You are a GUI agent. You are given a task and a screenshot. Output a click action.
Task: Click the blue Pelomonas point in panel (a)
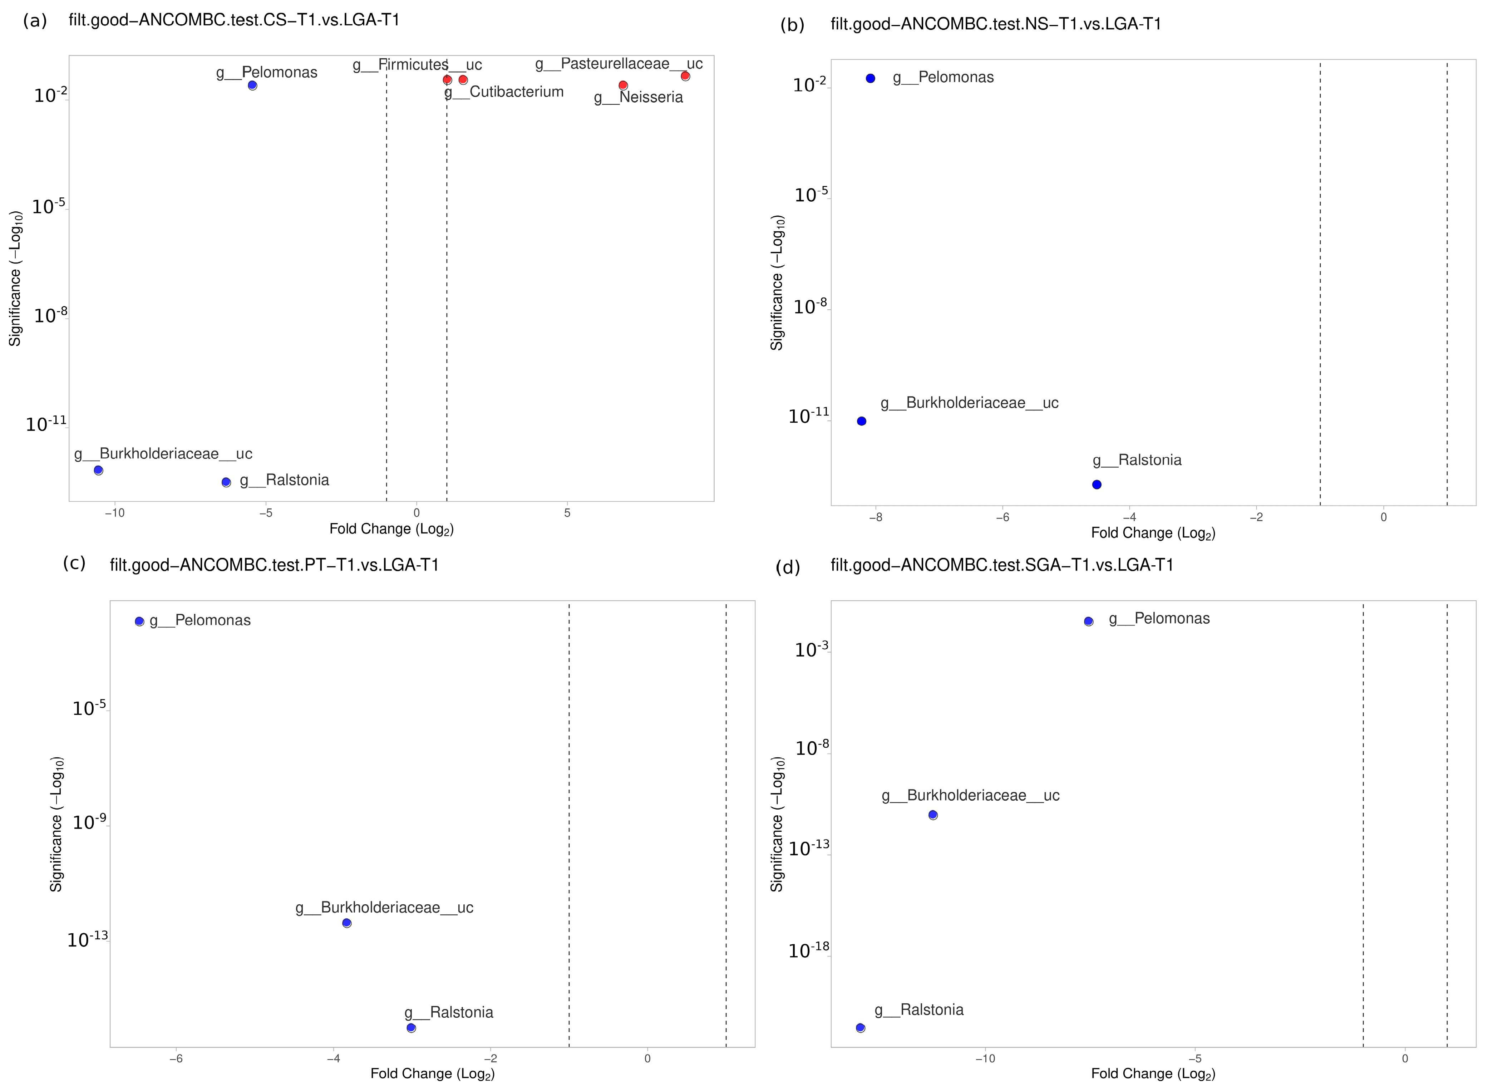(x=252, y=85)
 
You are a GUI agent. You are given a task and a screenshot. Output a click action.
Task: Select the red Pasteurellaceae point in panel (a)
(x=685, y=76)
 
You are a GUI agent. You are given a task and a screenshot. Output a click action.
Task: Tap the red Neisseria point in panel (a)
(x=623, y=85)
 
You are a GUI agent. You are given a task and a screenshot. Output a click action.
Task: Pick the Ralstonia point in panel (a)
(x=226, y=482)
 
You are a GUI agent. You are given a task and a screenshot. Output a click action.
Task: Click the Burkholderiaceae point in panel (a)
(x=98, y=470)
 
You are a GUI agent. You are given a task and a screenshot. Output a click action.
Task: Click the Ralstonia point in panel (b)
(x=1097, y=485)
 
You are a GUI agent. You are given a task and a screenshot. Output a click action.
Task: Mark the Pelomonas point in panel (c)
(x=139, y=621)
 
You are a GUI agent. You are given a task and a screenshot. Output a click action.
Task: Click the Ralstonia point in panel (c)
(x=412, y=1028)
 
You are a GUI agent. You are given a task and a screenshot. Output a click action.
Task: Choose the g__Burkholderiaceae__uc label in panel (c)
(x=384, y=908)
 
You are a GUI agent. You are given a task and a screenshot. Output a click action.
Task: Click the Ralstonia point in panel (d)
(x=861, y=1028)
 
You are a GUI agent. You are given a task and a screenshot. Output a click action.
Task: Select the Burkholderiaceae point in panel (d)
(x=933, y=815)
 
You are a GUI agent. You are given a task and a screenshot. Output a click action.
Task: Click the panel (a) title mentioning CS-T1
(x=235, y=20)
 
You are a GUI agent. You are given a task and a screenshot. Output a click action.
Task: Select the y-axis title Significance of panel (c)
(x=56, y=824)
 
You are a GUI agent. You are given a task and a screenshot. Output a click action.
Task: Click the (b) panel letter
(x=792, y=25)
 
